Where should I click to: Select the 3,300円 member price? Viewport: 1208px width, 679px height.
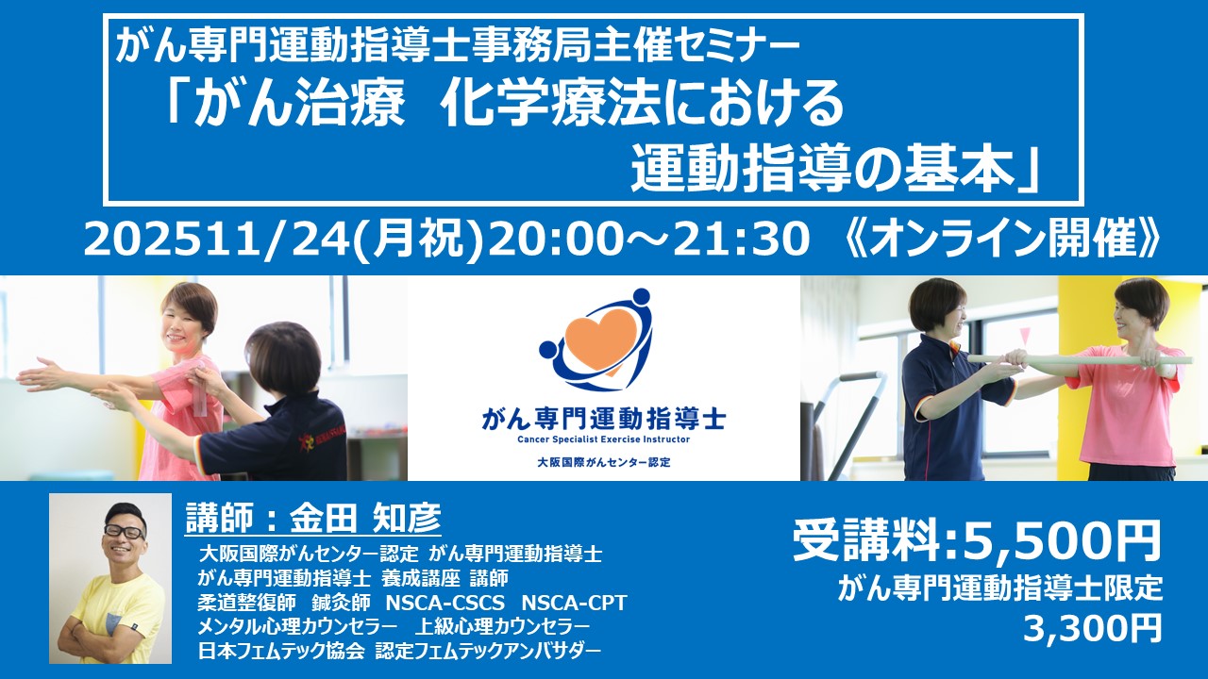pos(1093,627)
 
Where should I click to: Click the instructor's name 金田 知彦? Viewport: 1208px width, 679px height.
pos(365,518)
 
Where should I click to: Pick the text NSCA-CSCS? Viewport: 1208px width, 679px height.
pos(445,603)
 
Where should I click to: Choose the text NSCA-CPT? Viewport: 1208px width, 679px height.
pos(575,603)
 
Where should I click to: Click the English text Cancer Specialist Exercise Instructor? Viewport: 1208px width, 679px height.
pos(603,439)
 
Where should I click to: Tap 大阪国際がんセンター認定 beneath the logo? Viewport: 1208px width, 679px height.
pos(603,462)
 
